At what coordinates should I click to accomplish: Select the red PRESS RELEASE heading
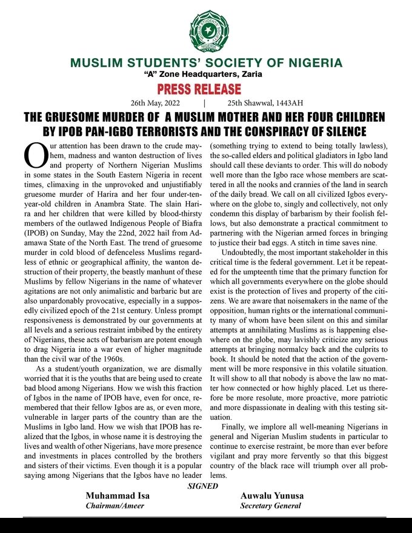[x=199, y=89]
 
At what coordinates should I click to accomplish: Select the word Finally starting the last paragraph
[x=236, y=427]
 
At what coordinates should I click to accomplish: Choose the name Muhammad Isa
[x=118, y=495]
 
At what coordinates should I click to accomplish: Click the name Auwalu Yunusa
[x=272, y=495]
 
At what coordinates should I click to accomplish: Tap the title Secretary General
[x=270, y=505]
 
